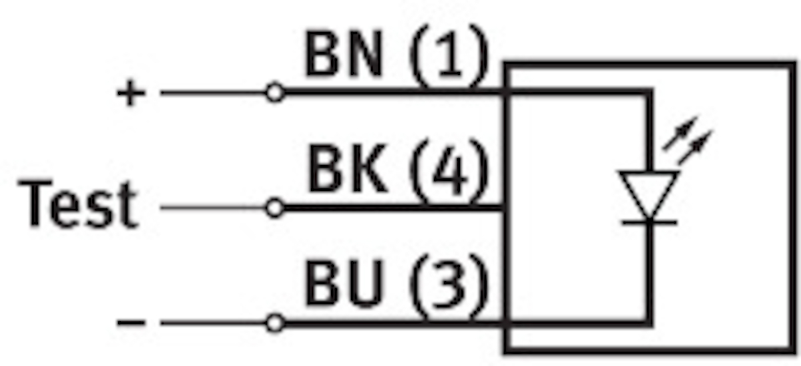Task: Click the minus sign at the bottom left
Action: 131,324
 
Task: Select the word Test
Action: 79,204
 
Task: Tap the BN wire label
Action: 344,55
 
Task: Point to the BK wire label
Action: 347,171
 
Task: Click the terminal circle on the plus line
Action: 274,93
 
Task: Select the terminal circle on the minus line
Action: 274,324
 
